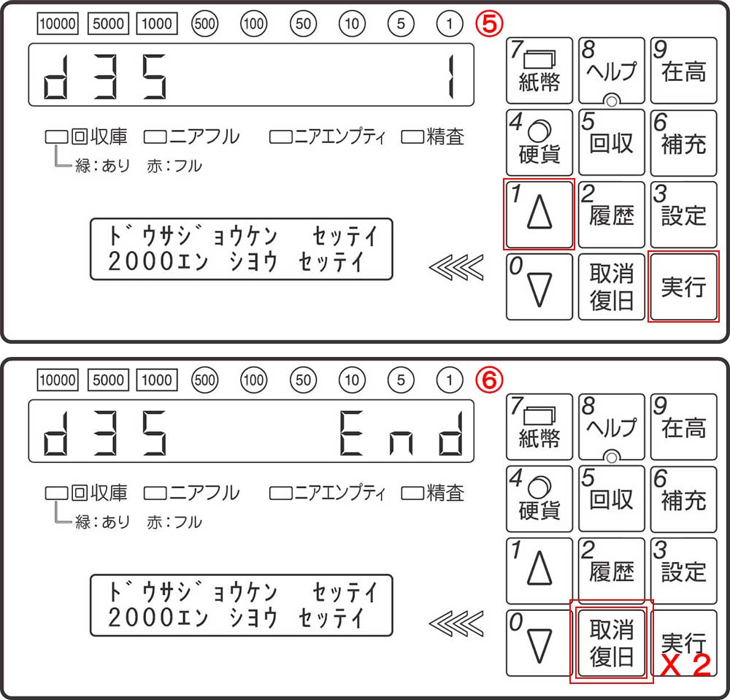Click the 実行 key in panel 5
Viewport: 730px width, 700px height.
click(683, 287)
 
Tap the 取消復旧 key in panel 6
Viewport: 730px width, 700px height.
click(611, 642)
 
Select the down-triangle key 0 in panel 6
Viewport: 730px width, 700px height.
click(539, 643)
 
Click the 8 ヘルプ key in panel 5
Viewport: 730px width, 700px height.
click(611, 70)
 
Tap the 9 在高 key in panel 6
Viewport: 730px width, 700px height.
click(683, 427)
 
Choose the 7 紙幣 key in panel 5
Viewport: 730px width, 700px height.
click(539, 70)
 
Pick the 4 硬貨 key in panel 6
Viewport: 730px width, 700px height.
click(539, 499)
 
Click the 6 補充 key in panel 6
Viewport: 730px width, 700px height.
click(683, 499)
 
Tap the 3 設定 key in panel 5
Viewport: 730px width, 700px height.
click(683, 215)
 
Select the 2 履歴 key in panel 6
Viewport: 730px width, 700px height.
click(611, 571)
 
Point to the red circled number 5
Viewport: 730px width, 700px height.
click(489, 23)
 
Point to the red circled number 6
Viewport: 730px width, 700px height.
click(489, 380)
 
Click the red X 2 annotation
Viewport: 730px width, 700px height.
click(685, 665)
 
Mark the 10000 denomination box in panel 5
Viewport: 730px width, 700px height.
click(58, 23)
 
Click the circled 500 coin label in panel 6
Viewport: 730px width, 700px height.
click(205, 380)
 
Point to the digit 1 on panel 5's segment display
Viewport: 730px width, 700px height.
click(450, 77)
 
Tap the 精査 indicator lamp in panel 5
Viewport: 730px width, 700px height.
click(412, 137)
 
